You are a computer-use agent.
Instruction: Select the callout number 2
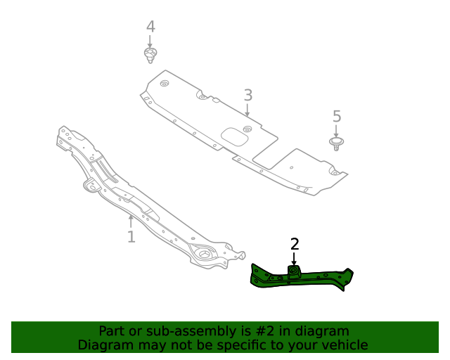pos(295,244)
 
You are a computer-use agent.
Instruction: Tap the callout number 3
pos(247,95)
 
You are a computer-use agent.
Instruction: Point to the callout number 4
pos(150,27)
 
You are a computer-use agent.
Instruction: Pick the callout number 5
pos(336,116)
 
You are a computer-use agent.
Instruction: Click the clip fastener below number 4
pos(149,55)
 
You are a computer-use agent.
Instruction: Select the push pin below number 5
pos(337,143)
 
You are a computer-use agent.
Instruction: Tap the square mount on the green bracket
pos(294,272)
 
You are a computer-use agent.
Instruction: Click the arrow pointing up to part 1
pos(130,221)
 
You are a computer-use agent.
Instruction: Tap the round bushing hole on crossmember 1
pos(204,255)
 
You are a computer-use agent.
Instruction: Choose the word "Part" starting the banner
pos(112,331)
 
